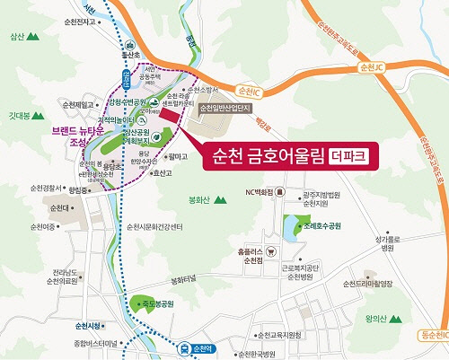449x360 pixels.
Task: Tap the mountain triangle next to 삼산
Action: point(33,38)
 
